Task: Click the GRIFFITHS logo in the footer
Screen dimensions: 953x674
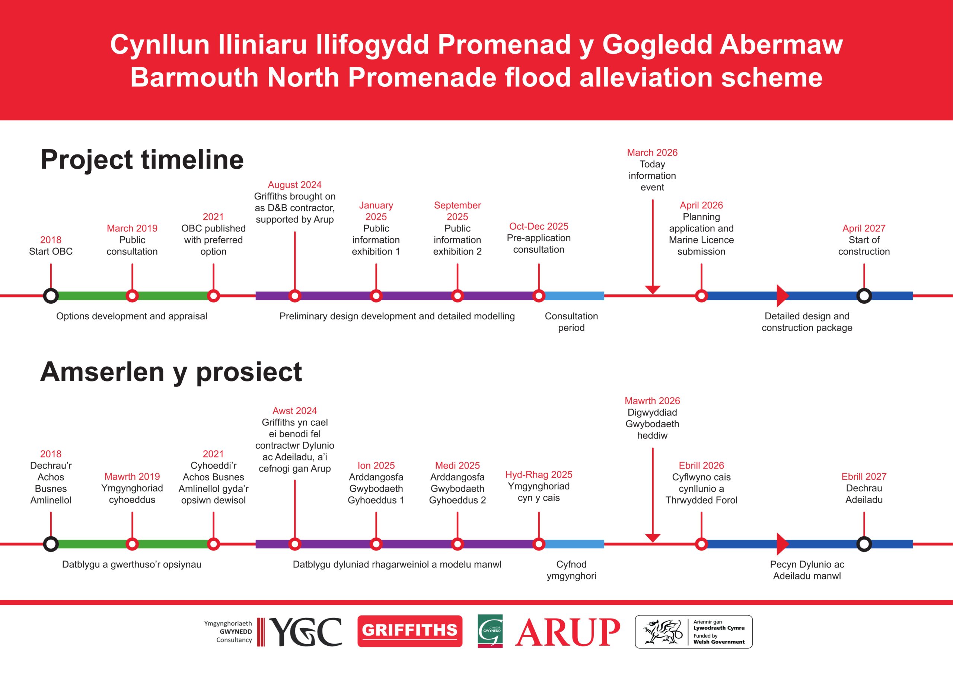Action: [409, 631]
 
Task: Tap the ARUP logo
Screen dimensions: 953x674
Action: [567, 632]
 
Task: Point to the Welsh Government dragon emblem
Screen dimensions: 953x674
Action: [663, 632]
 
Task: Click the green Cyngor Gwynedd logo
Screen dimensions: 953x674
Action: [490, 631]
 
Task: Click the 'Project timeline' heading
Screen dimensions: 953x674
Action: [142, 160]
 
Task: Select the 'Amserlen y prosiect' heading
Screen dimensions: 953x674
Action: [171, 372]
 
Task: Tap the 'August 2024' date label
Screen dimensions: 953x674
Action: [295, 185]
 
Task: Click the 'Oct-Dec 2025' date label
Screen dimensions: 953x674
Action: [539, 226]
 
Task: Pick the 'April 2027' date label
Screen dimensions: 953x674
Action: [864, 228]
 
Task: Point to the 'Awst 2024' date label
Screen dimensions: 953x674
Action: [295, 411]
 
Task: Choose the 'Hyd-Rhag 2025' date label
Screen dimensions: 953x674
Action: [539, 475]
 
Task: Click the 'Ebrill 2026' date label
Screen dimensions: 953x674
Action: [701, 465]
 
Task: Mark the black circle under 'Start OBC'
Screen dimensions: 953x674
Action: [51, 296]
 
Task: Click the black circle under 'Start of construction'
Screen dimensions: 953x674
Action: [864, 296]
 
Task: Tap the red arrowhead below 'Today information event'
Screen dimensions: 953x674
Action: [653, 289]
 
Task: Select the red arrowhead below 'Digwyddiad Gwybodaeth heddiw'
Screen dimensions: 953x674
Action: [653, 538]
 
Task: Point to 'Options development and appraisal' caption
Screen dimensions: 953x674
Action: [131, 316]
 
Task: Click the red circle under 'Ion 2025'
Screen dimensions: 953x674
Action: [376, 544]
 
